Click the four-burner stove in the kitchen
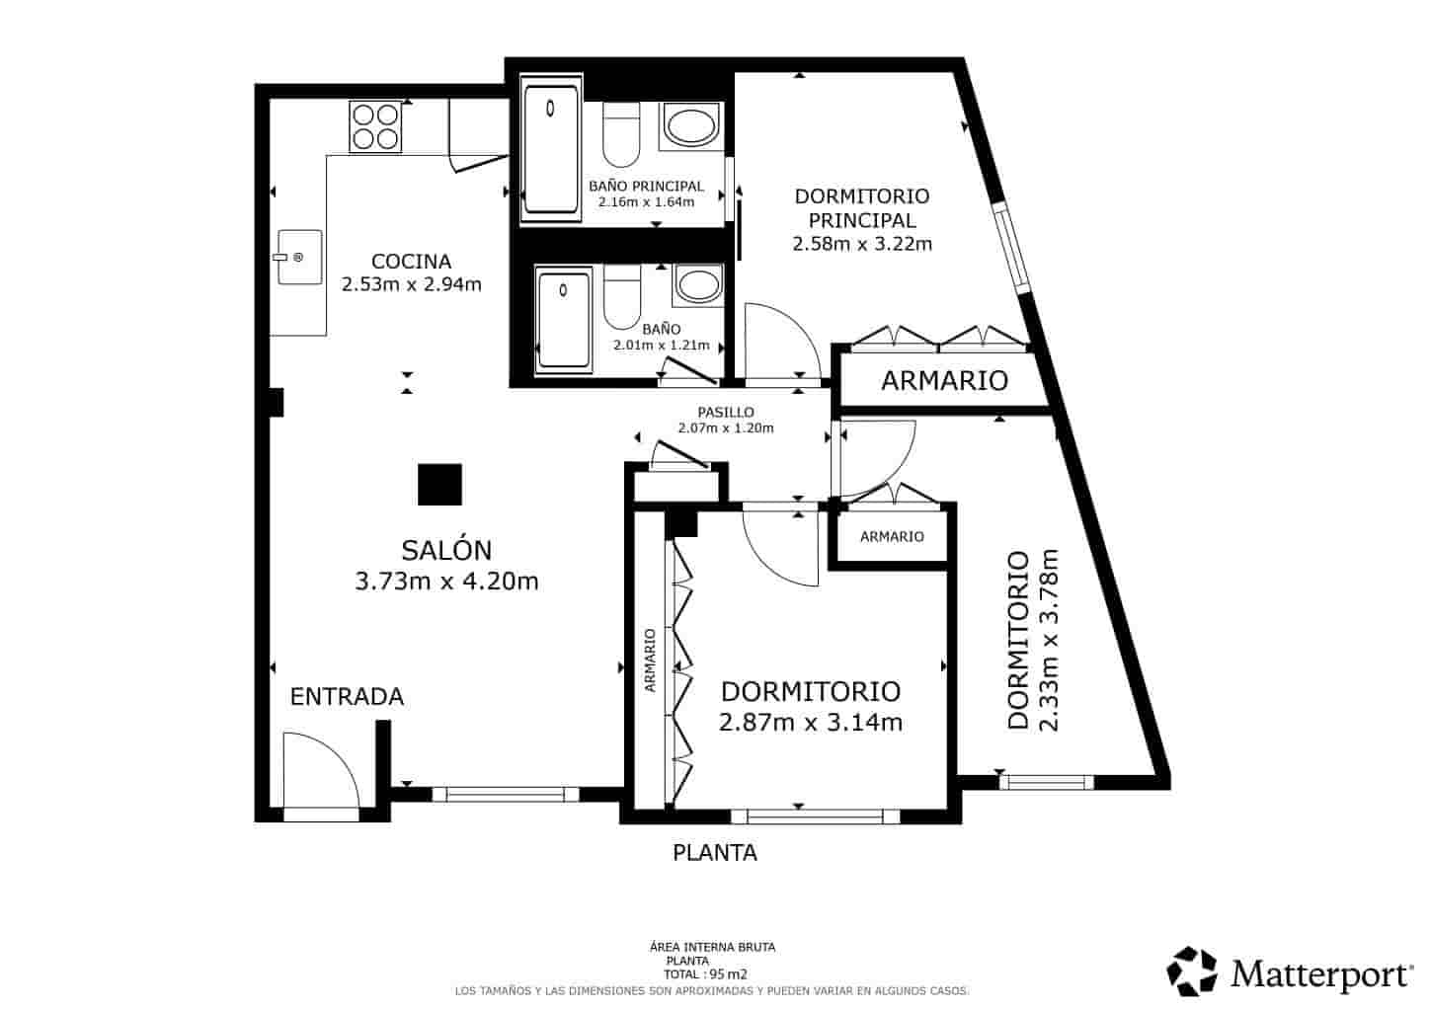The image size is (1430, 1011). click(375, 127)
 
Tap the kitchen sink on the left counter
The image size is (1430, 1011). click(299, 257)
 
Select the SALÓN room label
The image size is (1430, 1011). click(446, 550)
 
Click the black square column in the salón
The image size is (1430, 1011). click(439, 484)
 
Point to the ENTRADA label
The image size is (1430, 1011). click(347, 697)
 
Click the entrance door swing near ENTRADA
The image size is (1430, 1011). click(319, 772)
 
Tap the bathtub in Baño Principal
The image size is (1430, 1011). click(553, 149)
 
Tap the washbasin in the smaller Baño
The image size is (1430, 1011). click(699, 285)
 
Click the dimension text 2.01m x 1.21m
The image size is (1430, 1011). click(661, 346)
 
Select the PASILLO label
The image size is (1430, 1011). click(726, 412)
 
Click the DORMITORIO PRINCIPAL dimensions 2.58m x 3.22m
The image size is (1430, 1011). click(862, 243)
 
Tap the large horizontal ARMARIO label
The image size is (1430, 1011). click(944, 380)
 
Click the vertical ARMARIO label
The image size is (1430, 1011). click(650, 661)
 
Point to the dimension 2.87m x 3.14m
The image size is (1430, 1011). click(811, 723)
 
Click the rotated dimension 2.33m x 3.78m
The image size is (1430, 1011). click(1049, 640)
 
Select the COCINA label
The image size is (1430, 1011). click(411, 262)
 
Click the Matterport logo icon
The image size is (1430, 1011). click(1193, 972)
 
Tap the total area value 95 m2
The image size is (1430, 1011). click(734, 973)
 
